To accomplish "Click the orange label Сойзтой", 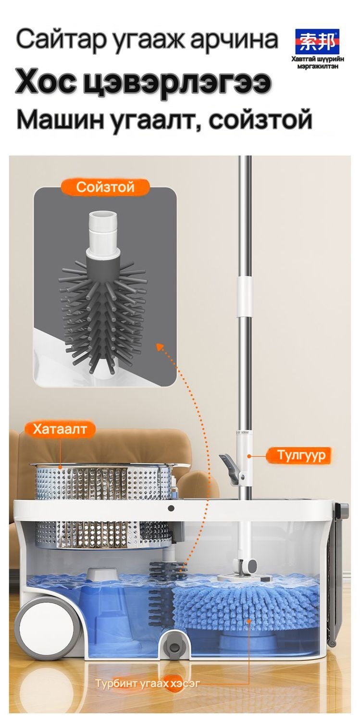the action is tap(105, 186).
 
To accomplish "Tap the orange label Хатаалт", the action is tap(60, 429).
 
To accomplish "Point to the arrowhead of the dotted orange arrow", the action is tap(161, 347).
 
